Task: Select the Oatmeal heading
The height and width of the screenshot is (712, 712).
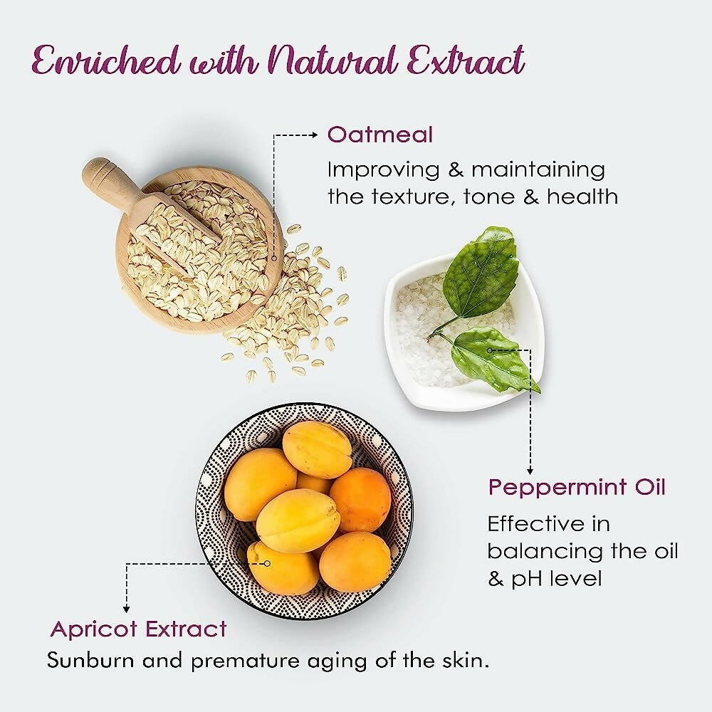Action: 379,135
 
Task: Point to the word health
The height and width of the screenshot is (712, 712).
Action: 582,197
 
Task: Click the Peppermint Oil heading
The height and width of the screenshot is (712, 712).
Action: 576,488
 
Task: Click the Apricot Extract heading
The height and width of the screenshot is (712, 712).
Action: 138,629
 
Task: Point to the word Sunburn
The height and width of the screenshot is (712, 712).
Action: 90,660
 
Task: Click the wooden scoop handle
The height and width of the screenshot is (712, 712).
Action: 107,182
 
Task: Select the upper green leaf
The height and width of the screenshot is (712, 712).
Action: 482,272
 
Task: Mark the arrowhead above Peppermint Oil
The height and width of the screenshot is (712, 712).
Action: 530,471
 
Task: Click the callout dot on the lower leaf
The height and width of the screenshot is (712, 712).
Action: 490,350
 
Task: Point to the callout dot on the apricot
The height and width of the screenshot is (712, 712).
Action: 268,563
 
